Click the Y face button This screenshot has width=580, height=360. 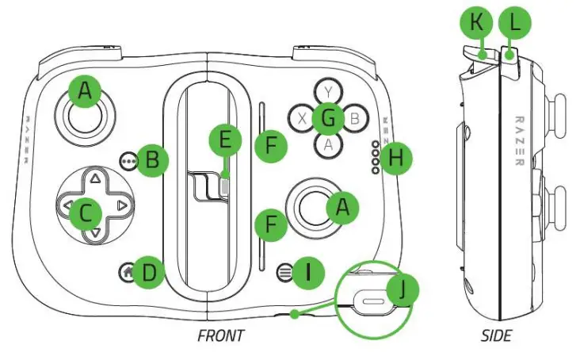[326, 90]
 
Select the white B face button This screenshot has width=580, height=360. [355, 119]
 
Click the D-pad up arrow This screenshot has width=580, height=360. [94, 178]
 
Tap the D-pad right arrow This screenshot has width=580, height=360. [120, 206]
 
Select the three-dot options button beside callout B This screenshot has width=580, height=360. [130, 159]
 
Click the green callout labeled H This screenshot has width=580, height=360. [396, 159]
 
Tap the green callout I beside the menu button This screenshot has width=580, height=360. [308, 273]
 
